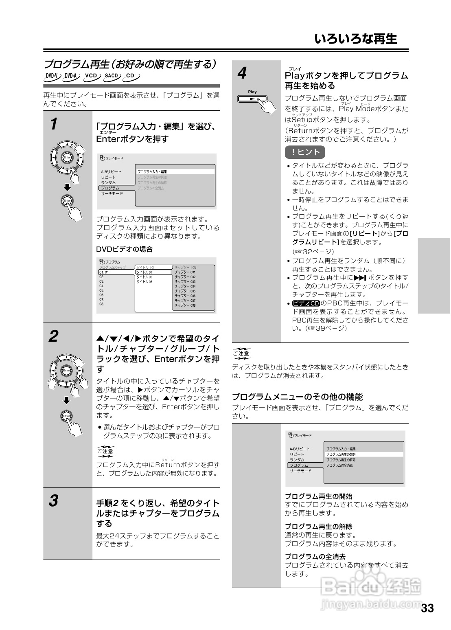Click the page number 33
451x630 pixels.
(427, 609)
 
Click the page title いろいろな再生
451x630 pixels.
(355, 39)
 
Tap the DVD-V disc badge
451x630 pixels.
(52, 76)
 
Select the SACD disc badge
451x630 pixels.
(112, 76)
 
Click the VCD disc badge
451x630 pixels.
(92, 76)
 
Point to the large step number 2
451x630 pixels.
(53, 337)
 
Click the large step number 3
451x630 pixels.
(53, 501)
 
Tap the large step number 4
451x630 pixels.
(242, 74)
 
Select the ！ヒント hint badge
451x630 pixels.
(305, 152)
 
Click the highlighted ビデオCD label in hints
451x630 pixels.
(306, 303)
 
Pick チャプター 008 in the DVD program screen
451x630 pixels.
(185, 305)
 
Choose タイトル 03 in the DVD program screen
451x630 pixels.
(144, 282)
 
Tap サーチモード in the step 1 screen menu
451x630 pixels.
(112, 193)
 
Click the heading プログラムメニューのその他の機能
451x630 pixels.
(297, 397)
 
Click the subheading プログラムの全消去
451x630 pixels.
(315, 556)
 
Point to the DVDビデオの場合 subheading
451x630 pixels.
(124, 249)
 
